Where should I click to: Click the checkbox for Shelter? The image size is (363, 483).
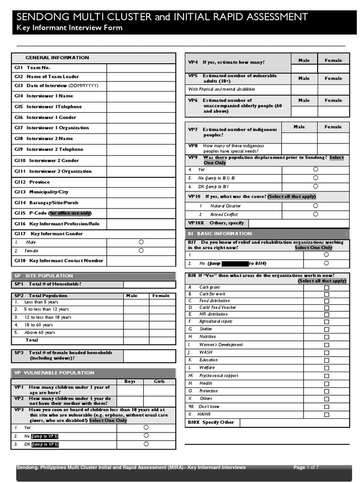326,329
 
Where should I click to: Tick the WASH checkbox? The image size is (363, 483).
326,352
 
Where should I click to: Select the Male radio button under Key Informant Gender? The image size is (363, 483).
141,241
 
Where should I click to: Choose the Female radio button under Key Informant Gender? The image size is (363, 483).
141,250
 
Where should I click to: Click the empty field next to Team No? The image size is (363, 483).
141,67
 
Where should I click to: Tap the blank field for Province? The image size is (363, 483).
141,182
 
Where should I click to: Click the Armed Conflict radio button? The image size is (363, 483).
315,214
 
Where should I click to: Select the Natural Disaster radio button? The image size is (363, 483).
315,206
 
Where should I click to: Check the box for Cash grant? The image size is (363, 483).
326,287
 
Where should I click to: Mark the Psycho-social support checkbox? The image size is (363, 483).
326,375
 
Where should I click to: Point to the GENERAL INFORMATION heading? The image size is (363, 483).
57,58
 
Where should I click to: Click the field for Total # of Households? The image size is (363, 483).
149,284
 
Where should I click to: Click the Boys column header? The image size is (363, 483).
130,382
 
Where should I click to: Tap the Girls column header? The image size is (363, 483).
159,382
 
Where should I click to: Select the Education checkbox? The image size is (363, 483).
326,360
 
